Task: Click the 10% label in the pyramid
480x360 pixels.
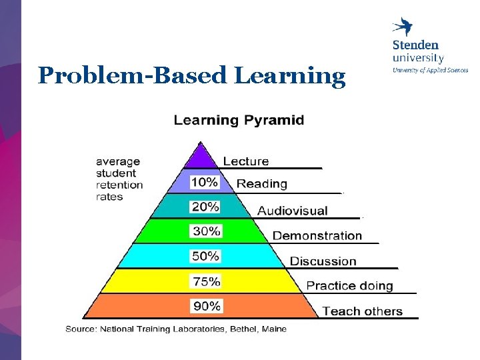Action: pyautogui.click(x=204, y=182)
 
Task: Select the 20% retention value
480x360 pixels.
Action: pyautogui.click(x=205, y=207)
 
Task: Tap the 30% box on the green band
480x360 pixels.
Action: pyautogui.click(x=206, y=231)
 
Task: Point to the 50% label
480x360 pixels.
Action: pyautogui.click(x=205, y=256)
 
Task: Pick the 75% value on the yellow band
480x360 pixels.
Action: pyautogui.click(x=206, y=281)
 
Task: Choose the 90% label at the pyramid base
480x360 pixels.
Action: pyautogui.click(x=207, y=306)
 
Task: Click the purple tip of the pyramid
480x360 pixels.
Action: pyautogui.click(x=201, y=155)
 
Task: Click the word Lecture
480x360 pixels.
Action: pyautogui.click(x=246, y=161)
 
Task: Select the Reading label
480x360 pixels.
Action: pyautogui.click(x=262, y=184)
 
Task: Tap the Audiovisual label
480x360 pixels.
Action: pyautogui.click(x=293, y=211)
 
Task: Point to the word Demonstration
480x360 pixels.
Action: pyautogui.click(x=317, y=236)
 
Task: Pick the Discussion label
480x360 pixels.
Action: pyautogui.click(x=323, y=261)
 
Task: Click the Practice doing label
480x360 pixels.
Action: pyautogui.click(x=349, y=286)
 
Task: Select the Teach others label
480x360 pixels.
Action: pyautogui.click(x=363, y=311)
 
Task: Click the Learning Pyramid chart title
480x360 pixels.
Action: pyautogui.click(x=239, y=120)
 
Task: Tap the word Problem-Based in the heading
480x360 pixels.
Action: pyautogui.click(x=131, y=75)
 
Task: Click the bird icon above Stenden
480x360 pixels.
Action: pyautogui.click(x=402, y=26)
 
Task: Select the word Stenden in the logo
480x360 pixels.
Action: pyautogui.click(x=415, y=45)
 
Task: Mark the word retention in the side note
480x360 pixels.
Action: pyautogui.click(x=119, y=185)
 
